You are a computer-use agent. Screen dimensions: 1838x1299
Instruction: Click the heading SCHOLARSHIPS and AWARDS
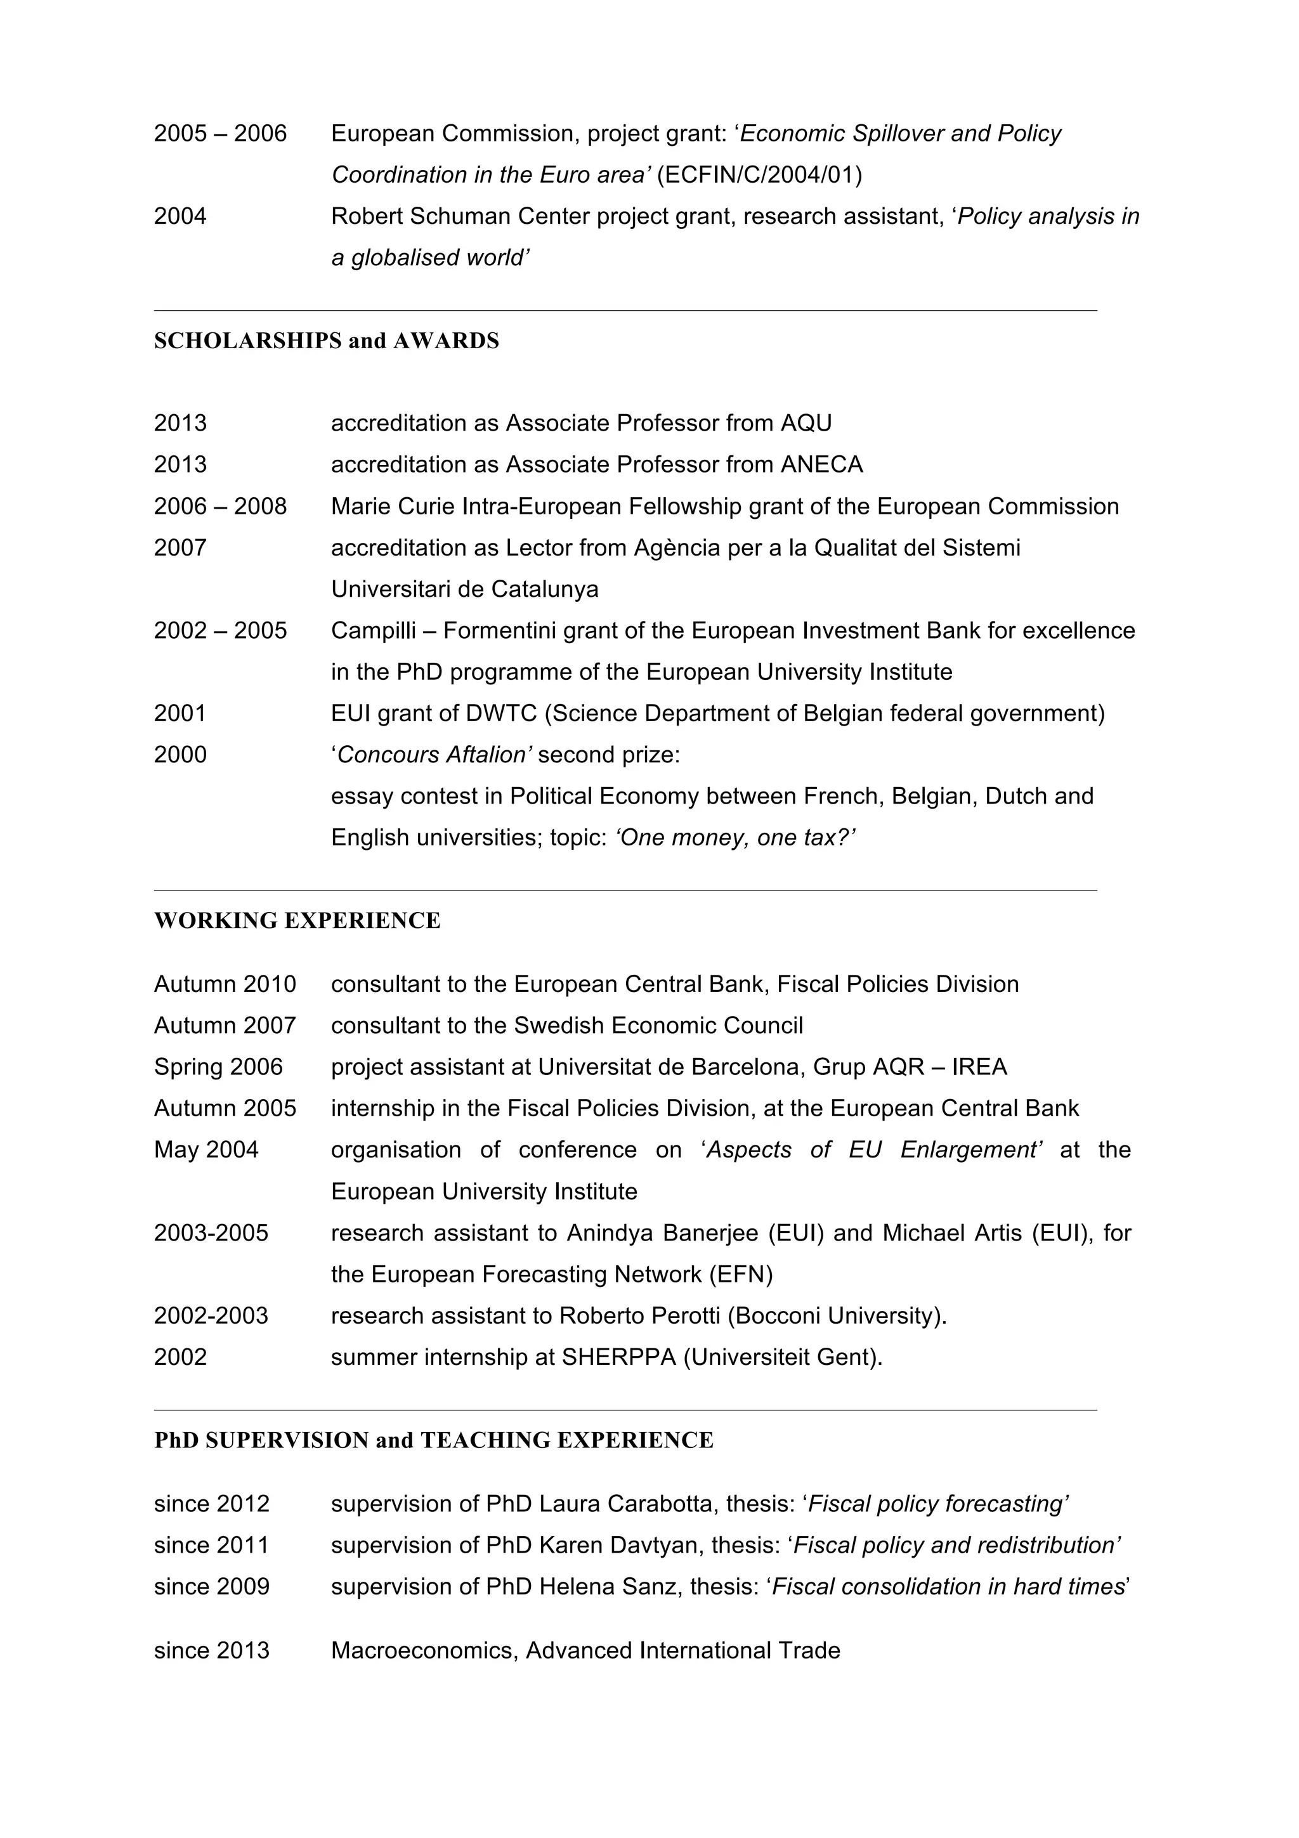tap(326, 341)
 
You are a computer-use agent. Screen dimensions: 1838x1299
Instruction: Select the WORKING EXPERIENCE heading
tap(297, 921)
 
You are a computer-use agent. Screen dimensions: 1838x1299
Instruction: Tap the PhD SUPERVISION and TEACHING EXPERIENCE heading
tap(433, 1440)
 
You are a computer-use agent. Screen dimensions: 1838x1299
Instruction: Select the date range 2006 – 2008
tap(220, 506)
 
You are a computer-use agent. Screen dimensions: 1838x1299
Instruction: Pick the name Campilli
tap(373, 631)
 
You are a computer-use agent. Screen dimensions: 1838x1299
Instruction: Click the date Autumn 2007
tap(225, 1026)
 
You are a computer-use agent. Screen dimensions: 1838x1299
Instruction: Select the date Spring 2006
tap(218, 1067)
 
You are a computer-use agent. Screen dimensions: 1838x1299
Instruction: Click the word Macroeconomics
tap(424, 1651)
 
